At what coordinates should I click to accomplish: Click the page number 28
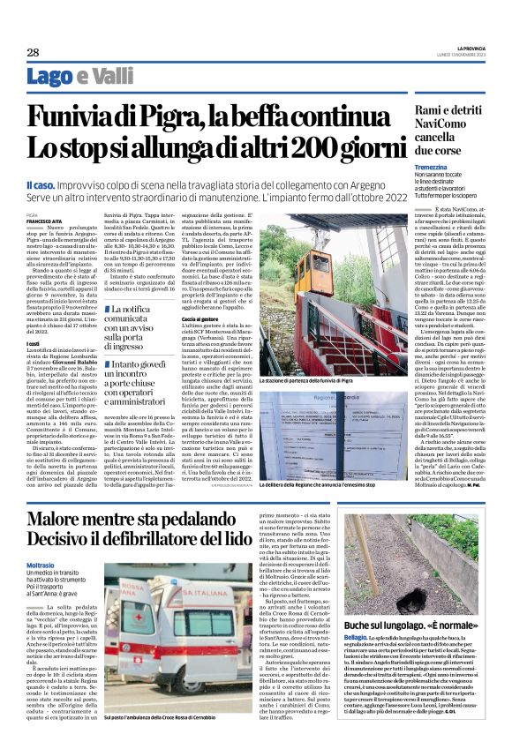33,52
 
